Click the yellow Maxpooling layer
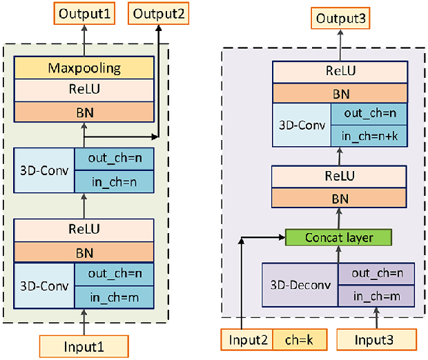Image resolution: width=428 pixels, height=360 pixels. (x=84, y=68)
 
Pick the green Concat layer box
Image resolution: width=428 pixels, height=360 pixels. (x=338, y=238)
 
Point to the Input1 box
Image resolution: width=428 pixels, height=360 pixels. (x=84, y=346)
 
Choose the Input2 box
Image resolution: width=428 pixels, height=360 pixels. (x=246, y=339)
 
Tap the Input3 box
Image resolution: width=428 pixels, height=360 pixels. (x=377, y=339)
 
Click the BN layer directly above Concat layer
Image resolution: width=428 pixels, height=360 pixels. (x=338, y=198)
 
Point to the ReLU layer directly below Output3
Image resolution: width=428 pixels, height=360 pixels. (x=338, y=70)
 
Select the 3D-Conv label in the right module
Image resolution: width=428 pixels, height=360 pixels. (x=301, y=125)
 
